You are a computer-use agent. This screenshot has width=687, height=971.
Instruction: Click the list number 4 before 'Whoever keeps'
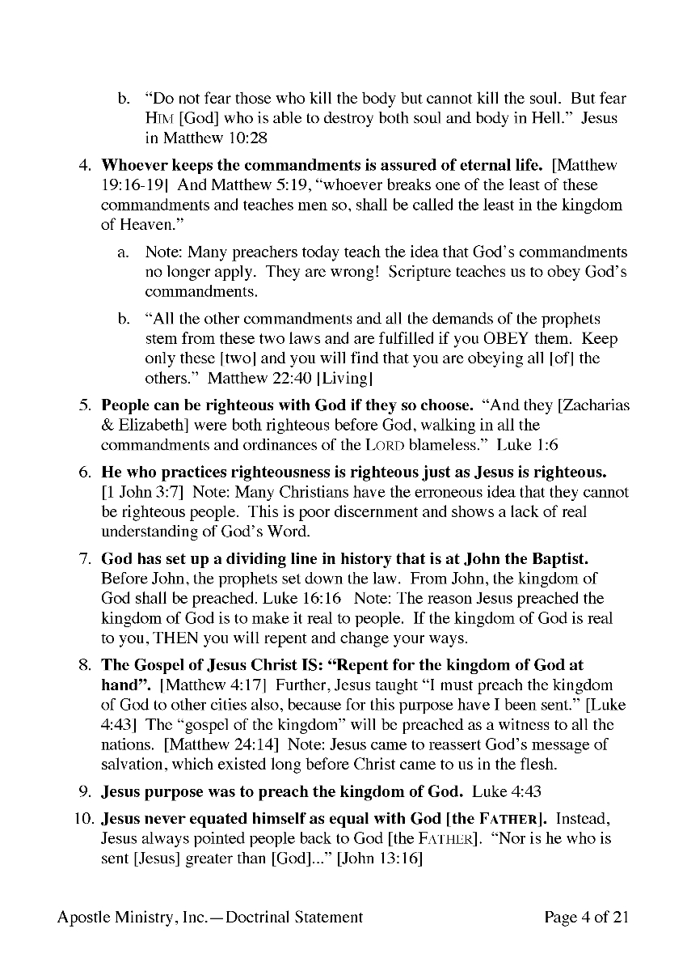83,166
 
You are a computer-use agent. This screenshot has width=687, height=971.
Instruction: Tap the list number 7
83,559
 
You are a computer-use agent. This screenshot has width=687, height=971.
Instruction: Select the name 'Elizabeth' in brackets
150,425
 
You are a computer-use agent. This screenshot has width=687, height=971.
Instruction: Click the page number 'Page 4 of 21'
586,918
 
